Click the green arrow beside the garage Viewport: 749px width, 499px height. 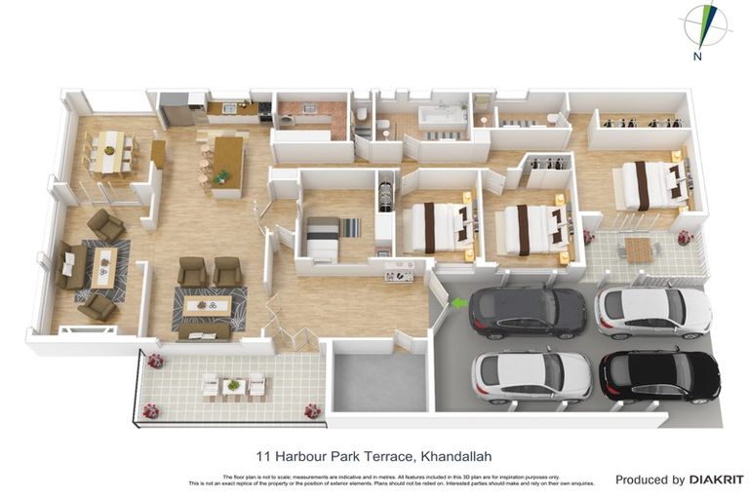click(x=458, y=304)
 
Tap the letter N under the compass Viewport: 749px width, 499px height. click(x=697, y=57)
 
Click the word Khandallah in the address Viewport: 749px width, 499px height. click(x=464, y=454)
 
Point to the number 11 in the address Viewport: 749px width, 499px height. click(x=262, y=454)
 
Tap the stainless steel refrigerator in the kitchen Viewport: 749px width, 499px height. click(x=177, y=109)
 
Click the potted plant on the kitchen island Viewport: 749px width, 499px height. click(x=223, y=175)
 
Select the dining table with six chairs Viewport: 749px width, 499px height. click(x=109, y=152)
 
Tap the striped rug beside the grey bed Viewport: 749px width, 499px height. click(x=350, y=227)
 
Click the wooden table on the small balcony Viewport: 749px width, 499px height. click(x=638, y=249)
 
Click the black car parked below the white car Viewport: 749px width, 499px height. click(x=659, y=375)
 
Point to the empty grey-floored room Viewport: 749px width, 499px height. click(x=379, y=383)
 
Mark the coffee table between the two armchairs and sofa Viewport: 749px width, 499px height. click(x=207, y=306)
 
